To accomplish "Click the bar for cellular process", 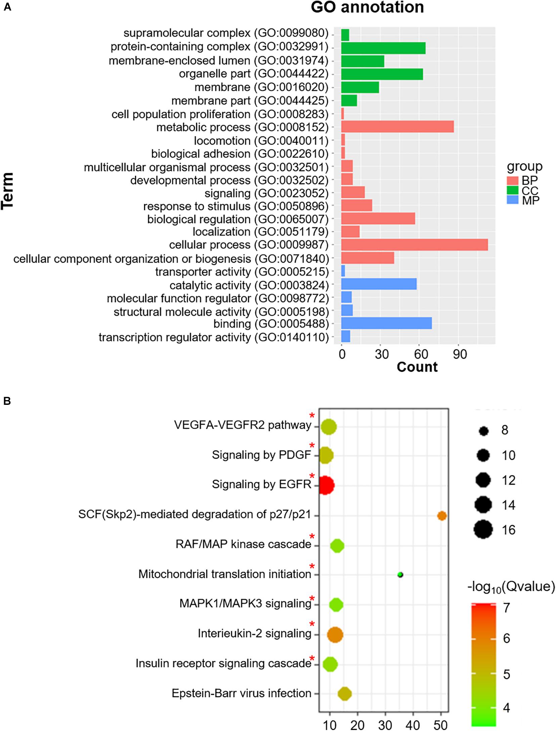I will [x=414, y=245].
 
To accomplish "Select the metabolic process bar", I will [x=397, y=127].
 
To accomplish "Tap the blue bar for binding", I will [x=386, y=324].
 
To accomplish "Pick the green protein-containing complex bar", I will [x=383, y=48].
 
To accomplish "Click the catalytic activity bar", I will [x=379, y=284].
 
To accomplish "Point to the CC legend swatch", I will [x=513, y=191].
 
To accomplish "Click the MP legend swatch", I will [x=513, y=200].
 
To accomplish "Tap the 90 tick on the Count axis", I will [x=460, y=354].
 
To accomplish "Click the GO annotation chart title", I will [x=367, y=7].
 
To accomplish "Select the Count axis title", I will [x=417, y=367].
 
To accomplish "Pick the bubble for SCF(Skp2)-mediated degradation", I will [x=442, y=516].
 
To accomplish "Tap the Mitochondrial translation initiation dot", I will [x=400, y=575].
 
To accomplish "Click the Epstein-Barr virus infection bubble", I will [x=345, y=693].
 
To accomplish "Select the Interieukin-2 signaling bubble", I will [x=335, y=635].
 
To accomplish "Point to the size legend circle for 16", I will [x=483, y=530].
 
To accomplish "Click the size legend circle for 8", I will [x=484, y=431].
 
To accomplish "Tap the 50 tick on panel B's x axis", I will [x=441, y=724].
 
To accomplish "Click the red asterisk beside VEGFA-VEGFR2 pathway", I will [x=312, y=416].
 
